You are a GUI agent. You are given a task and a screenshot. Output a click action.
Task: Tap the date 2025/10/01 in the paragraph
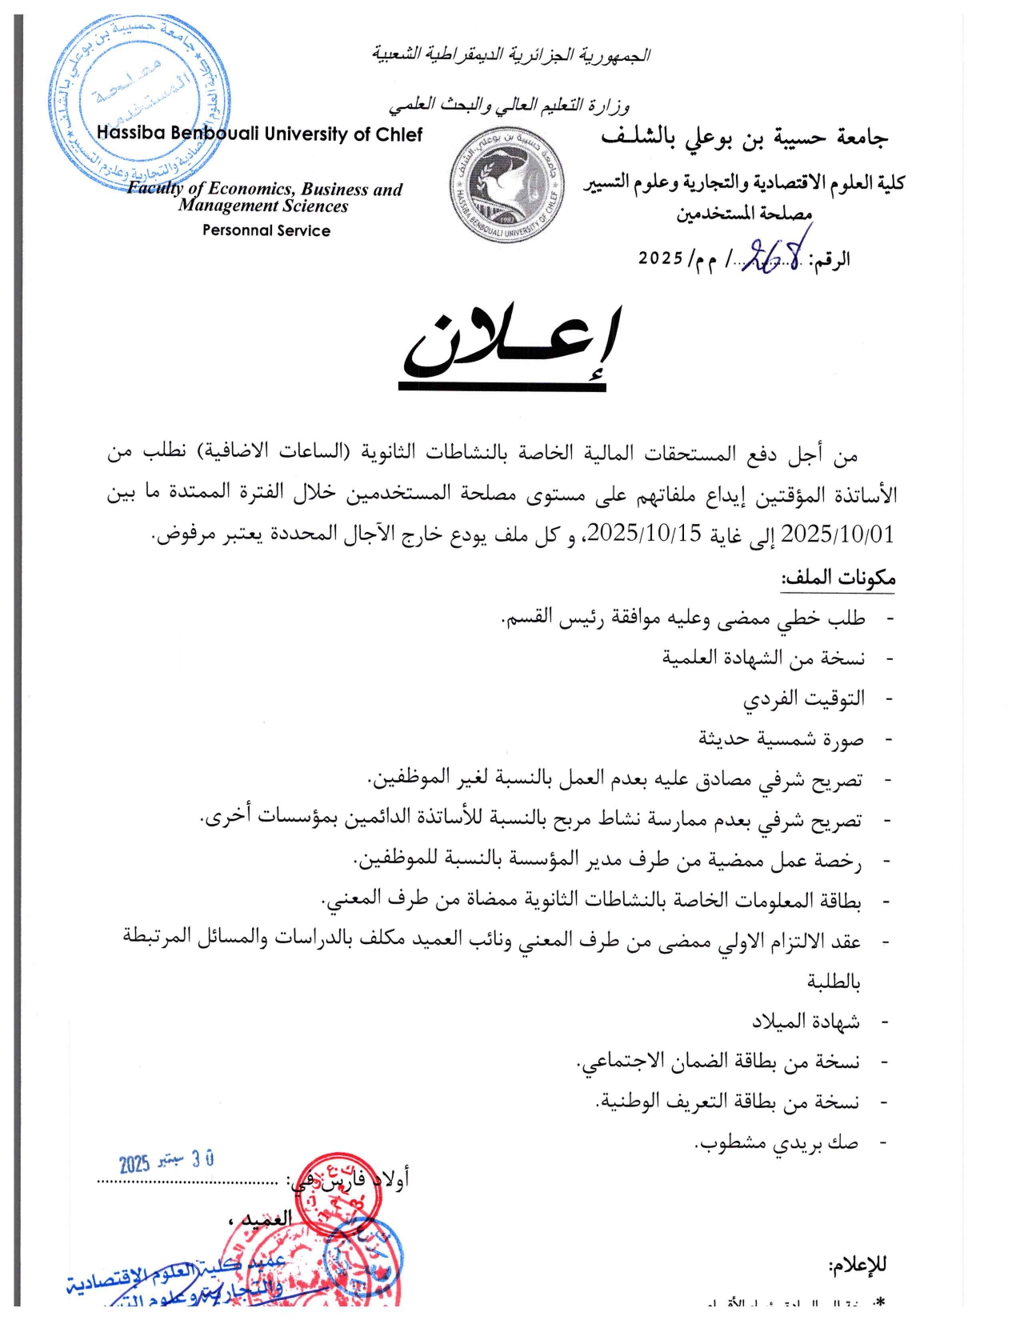(x=838, y=534)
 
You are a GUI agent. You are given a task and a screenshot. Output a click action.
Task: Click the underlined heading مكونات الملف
(x=838, y=578)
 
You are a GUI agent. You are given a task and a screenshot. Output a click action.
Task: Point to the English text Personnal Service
(x=266, y=230)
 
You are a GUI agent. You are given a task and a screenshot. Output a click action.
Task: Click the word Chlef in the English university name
(x=399, y=134)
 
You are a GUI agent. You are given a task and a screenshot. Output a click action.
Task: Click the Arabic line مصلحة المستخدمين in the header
(x=744, y=214)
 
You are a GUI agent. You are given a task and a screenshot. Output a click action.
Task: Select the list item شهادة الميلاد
(x=806, y=1022)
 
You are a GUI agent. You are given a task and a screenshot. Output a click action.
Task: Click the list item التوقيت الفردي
(x=804, y=698)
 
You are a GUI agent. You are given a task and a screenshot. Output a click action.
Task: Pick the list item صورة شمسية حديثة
(x=782, y=738)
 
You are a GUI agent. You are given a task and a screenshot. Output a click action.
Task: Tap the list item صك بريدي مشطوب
(x=776, y=1142)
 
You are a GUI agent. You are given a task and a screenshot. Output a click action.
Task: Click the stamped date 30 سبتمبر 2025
(x=166, y=1162)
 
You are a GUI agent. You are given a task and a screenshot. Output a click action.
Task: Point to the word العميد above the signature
(x=266, y=1219)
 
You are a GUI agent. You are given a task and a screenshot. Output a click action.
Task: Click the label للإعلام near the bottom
(x=858, y=1265)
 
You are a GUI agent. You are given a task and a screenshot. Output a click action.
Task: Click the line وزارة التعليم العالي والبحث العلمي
(x=510, y=106)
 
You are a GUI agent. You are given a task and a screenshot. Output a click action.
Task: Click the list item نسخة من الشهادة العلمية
(x=763, y=658)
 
